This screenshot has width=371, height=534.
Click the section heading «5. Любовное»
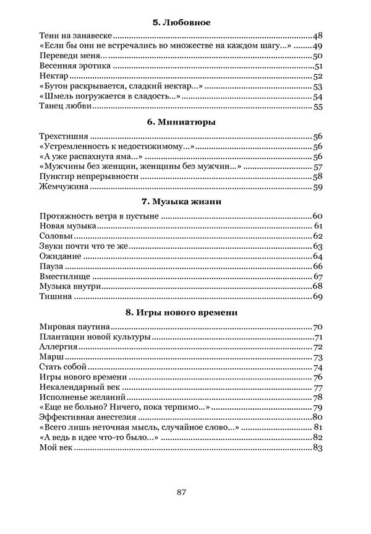pyautogui.click(x=181, y=22)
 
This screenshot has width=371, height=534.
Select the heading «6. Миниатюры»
pyautogui.click(x=181, y=122)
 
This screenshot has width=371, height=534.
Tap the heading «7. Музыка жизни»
pyautogui.click(x=181, y=202)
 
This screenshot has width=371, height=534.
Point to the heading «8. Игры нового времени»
pyautogui.click(x=181, y=312)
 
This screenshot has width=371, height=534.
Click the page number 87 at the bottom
pyautogui.click(x=181, y=492)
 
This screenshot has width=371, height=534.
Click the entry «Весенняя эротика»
pyautogui.click(x=74, y=66)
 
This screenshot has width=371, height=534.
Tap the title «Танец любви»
pyautogui.click(x=65, y=106)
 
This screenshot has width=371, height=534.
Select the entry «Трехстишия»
pyautogui.click(x=64, y=136)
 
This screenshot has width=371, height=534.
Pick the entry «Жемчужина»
pyautogui.click(x=65, y=186)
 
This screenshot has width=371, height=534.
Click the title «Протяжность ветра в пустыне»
pyautogui.click(x=99, y=216)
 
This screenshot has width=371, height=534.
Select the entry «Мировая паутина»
pyautogui.click(x=74, y=327)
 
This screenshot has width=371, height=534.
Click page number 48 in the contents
pyautogui.click(x=318, y=37)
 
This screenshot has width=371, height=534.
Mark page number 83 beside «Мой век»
pyautogui.click(x=318, y=447)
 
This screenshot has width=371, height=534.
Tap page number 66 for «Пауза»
pyautogui.click(x=318, y=266)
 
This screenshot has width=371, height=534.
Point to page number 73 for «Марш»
pyautogui.click(x=318, y=357)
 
